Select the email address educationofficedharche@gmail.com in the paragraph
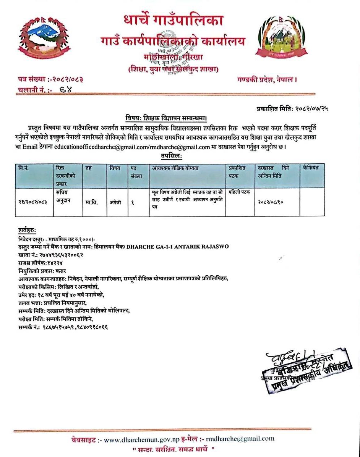95,146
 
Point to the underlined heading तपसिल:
171,155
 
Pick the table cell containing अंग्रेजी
115,203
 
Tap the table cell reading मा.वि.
92,203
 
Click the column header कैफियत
311,168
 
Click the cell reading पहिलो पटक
239,192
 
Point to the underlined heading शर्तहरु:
27,230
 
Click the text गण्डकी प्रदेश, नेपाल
267,79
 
